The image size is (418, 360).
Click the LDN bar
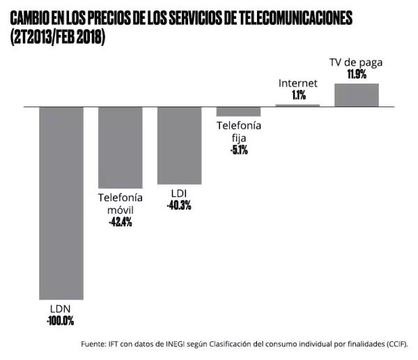[x=61, y=202]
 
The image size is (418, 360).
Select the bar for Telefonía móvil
[x=120, y=147]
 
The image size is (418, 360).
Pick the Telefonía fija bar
[x=238, y=111]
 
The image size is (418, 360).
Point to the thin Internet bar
[x=297, y=105]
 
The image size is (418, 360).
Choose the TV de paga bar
[x=357, y=95]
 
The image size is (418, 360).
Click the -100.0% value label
[x=60, y=321]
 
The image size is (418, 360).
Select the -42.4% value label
[x=120, y=222]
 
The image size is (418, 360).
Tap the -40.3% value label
[x=179, y=205]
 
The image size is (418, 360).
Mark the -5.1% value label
[x=238, y=149]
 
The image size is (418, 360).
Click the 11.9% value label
[x=357, y=74]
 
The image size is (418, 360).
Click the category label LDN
[x=60, y=309]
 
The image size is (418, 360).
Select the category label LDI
[x=179, y=193]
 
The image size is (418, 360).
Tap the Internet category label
[x=298, y=84]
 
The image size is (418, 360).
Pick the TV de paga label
[x=356, y=62]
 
